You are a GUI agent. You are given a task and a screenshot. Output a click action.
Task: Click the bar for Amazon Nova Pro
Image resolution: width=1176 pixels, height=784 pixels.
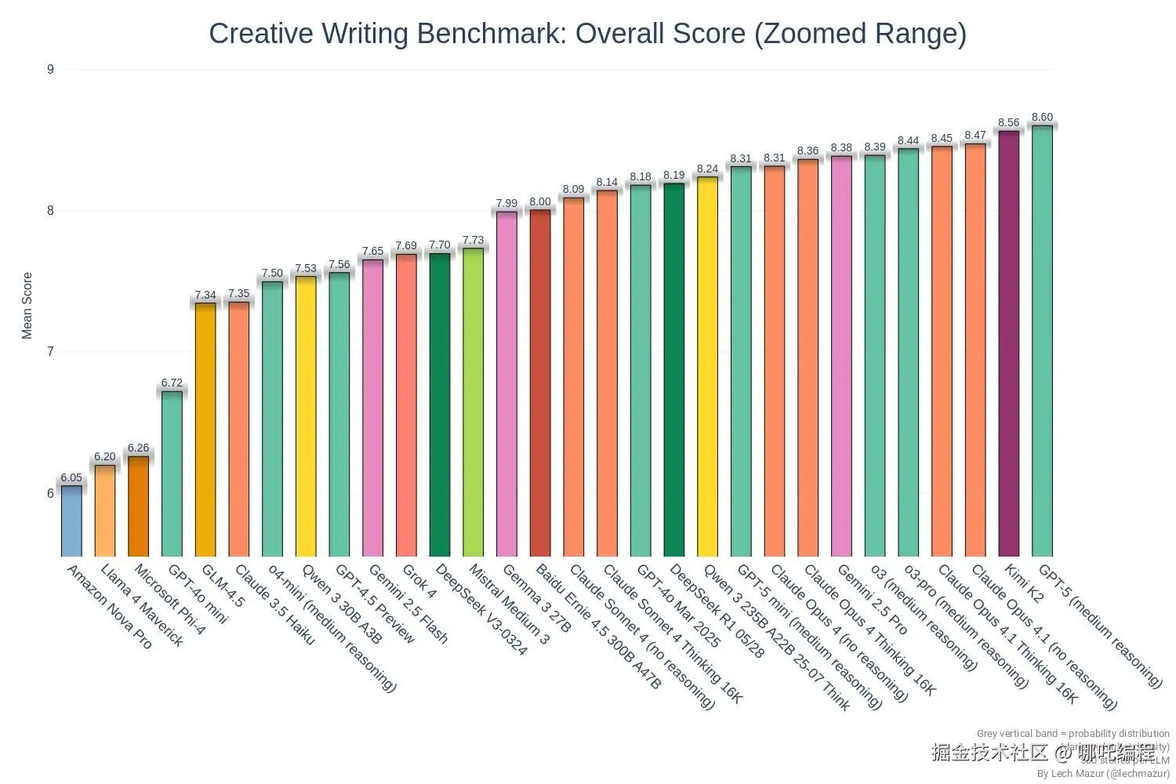pyautogui.click(x=71, y=521)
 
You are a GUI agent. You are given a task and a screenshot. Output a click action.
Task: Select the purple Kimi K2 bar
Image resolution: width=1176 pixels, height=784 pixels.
pyautogui.click(x=1008, y=345)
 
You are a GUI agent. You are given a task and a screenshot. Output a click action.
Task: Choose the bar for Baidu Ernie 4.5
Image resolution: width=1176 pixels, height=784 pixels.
pyautogui.click(x=540, y=384)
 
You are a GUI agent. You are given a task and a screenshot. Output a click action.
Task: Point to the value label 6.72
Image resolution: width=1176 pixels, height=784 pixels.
pyautogui.click(x=172, y=383)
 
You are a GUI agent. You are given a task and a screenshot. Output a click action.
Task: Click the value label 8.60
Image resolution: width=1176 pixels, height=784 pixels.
pyautogui.click(x=1042, y=117)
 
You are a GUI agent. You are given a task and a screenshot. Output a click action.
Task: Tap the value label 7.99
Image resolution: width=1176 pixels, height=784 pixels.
pyautogui.click(x=506, y=203)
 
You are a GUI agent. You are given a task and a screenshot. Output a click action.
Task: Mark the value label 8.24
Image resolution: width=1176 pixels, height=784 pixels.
pyautogui.click(x=707, y=169)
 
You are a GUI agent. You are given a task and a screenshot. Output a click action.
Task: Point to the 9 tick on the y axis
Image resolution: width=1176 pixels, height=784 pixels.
pyautogui.click(x=50, y=69)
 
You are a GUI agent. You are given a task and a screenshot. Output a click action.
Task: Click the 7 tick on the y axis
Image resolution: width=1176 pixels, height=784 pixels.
pyautogui.click(x=50, y=351)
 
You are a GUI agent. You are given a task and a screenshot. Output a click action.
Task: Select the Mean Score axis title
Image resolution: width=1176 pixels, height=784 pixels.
pyautogui.click(x=27, y=306)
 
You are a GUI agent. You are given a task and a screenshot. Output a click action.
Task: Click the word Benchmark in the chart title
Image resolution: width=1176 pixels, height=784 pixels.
pyautogui.click(x=492, y=34)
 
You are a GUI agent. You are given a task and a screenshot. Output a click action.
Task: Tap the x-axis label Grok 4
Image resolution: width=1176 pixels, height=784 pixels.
pyautogui.click(x=419, y=581)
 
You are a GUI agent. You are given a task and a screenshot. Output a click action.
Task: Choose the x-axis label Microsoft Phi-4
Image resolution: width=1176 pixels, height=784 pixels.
pyautogui.click(x=169, y=599)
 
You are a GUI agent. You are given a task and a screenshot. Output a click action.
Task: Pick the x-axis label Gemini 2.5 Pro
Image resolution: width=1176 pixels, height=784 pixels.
pyautogui.click(x=872, y=599)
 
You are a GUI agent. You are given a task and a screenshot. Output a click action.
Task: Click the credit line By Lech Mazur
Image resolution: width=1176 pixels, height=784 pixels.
pyautogui.click(x=1102, y=773)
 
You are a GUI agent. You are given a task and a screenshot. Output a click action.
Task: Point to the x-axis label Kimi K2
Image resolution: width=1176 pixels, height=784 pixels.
pyautogui.click(x=1024, y=583)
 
